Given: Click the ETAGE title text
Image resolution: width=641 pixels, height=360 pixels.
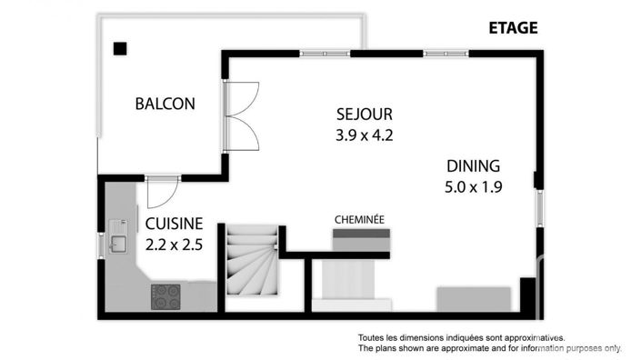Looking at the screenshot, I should (513, 27).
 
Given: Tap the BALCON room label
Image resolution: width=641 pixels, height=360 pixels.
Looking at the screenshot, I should (165, 104).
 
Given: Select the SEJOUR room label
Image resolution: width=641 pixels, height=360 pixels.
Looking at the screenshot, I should (364, 115).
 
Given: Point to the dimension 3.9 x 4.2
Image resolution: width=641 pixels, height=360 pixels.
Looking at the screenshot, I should (364, 135).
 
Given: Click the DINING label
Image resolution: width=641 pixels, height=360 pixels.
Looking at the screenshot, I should (473, 166).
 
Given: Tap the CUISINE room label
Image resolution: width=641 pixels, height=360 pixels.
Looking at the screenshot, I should (174, 225).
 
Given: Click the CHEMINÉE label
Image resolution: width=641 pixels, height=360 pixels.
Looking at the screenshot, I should (359, 219).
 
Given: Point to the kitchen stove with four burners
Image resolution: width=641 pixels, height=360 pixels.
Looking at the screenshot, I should (165, 296).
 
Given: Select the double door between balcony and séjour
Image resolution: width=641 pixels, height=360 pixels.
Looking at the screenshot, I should (242, 115).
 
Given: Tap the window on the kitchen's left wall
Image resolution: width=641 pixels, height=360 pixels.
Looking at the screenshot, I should (100, 245).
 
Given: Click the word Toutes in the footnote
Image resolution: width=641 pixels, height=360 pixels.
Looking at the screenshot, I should (373, 337).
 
